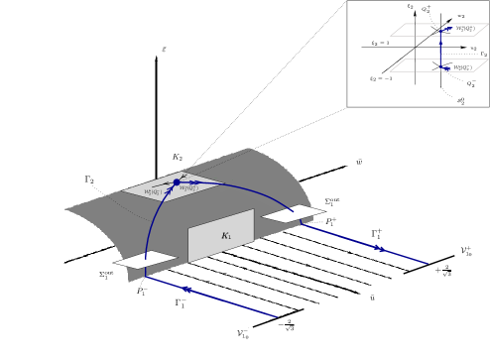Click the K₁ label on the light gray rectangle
pos(226,235)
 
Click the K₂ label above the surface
pos(177,157)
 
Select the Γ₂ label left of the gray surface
pos(89,180)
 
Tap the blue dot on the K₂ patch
pos(177,182)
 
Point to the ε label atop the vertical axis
pos(163,47)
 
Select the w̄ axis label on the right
pos(358,161)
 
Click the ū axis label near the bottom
pos(371,297)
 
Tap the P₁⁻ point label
pos(142,292)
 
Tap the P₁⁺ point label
pos(331,222)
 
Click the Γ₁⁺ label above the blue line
pos(377,234)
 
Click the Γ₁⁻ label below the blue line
pos(182,303)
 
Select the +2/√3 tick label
pos(442,270)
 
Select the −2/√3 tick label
pos(286,323)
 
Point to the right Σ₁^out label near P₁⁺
pos(332,201)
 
